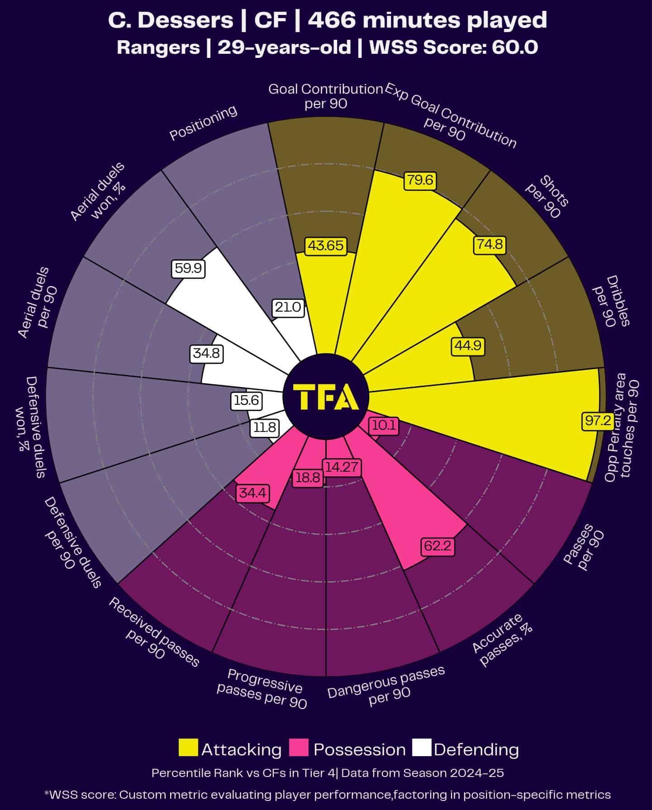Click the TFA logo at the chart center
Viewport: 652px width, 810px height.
tap(326, 397)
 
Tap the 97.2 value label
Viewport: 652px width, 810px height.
tap(598, 421)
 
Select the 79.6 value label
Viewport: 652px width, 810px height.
tap(419, 180)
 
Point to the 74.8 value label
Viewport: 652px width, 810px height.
tap(490, 244)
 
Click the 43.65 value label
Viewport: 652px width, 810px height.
tap(326, 246)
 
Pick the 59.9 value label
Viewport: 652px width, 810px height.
tap(188, 268)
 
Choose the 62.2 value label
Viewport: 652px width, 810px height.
tap(438, 546)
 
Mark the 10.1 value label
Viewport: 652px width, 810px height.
tap(384, 426)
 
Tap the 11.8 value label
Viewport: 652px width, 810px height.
tap(264, 427)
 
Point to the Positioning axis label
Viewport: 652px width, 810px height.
tap(203, 123)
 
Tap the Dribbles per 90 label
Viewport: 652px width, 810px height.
tap(611, 301)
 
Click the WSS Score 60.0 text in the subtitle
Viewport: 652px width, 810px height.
tap(453, 47)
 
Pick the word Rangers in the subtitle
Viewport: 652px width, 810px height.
tap(158, 47)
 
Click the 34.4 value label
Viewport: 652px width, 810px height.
tap(252, 493)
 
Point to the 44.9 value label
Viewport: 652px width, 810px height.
tap(468, 346)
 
